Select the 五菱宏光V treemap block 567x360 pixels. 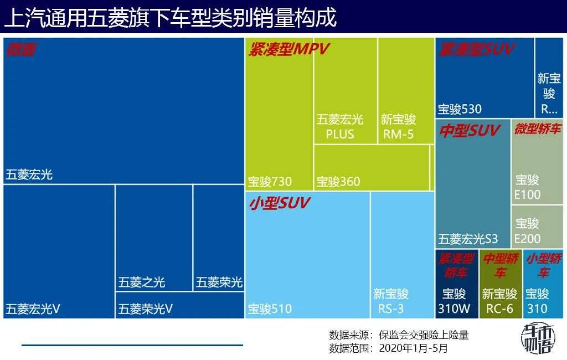59,251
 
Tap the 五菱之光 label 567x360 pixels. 141,282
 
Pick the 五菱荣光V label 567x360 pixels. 145,308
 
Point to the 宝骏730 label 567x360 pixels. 269,181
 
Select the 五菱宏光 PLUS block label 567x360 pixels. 339,127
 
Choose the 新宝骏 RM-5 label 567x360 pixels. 398,127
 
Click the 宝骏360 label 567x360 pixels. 338,181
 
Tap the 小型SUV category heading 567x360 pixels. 279,203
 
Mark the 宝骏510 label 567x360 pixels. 269,308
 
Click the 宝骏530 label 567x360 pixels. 460,109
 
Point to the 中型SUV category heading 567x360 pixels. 469,131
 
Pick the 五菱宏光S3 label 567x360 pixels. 468,239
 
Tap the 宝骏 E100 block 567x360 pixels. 527,187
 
